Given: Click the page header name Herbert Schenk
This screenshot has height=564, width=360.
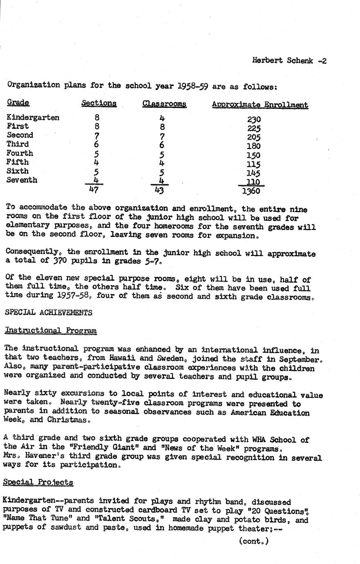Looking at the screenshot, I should pyautogui.click(x=282, y=61).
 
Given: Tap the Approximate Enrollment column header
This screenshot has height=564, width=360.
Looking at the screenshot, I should pyautogui.click(x=259, y=105).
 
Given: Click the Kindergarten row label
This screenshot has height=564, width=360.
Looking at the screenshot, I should pyautogui.click(x=33, y=118).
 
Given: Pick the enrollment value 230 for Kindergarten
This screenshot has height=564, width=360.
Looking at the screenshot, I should pyautogui.click(x=254, y=119).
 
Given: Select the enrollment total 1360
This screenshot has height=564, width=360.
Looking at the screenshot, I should pyautogui.click(x=251, y=191).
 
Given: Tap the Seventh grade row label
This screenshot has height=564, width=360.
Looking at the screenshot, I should pyautogui.click(x=22, y=180).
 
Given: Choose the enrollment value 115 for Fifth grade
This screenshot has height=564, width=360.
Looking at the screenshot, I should pyautogui.click(x=254, y=164).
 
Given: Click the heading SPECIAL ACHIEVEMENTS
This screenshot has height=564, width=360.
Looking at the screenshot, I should pyautogui.click(x=48, y=313).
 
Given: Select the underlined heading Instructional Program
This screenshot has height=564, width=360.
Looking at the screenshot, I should pyautogui.click(x=50, y=330).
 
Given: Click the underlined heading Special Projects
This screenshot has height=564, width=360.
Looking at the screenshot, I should pyautogui.click(x=38, y=482).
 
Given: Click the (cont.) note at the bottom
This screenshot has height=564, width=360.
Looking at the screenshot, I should pyautogui.click(x=254, y=542).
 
